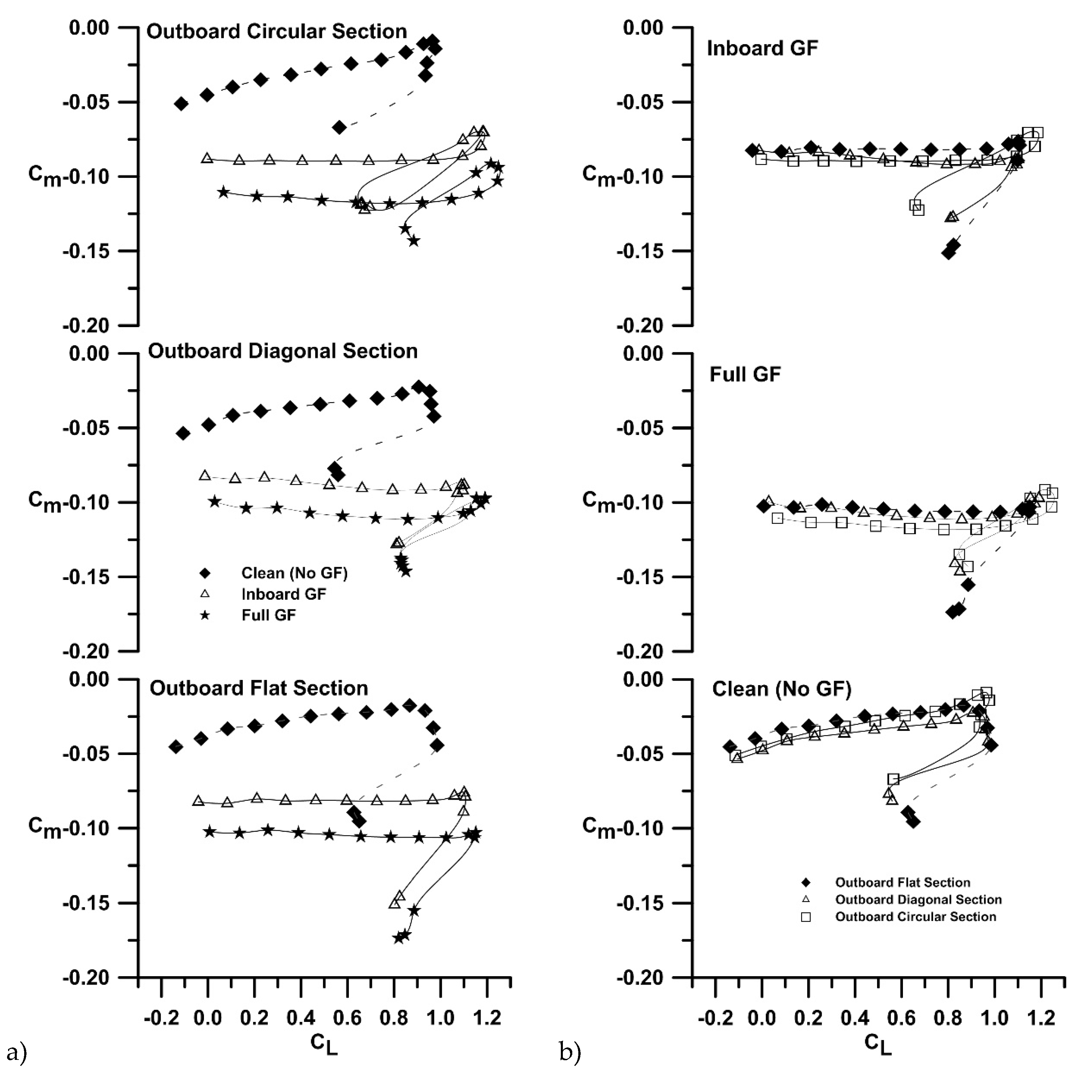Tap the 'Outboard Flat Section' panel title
pos(258,688)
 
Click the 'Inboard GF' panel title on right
pos(762,48)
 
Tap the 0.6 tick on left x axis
pos(347,1018)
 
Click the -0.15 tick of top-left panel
pos(85,251)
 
